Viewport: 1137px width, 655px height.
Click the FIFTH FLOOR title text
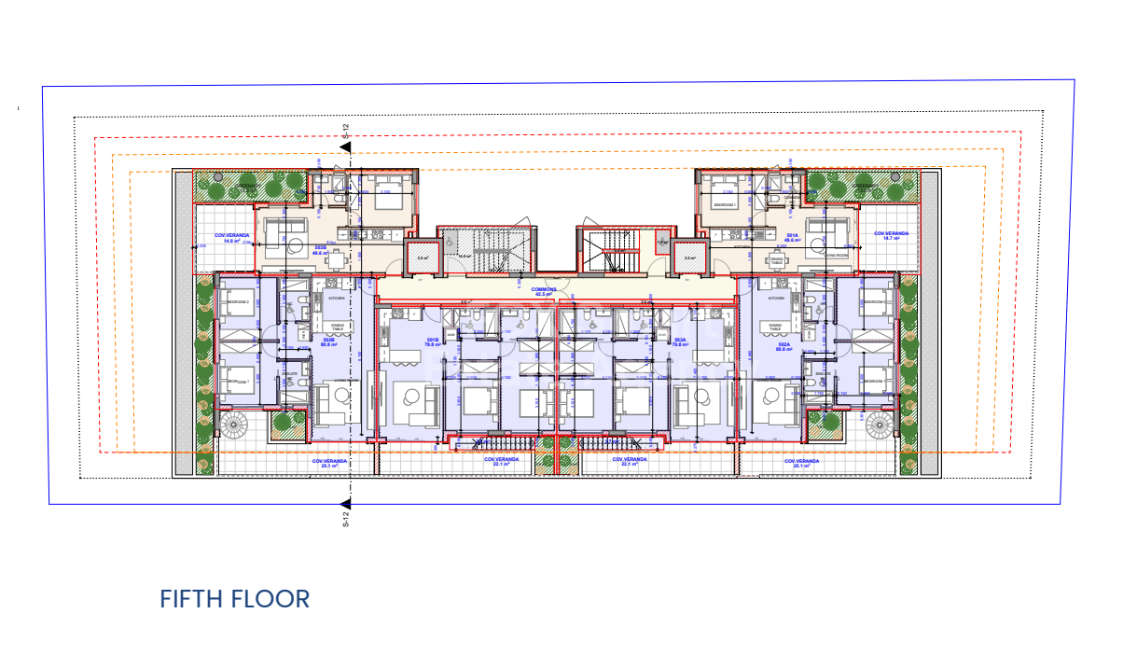tap(234, 599)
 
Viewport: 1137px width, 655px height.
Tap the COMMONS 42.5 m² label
tap(544, 292)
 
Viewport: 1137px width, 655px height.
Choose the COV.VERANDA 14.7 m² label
tap(891, 235)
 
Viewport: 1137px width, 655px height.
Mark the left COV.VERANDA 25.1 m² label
tap(330, 464)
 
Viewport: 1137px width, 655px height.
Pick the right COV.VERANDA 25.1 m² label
tap(802, 464)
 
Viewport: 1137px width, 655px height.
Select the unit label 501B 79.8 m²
tap(433, 341)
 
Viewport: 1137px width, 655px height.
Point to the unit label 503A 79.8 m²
tap(679, 341)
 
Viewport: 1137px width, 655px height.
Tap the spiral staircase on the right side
tap(879, 425)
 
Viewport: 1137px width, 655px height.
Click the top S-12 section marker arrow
tap(345, 146)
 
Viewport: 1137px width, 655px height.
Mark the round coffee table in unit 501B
tap(410, 397)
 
